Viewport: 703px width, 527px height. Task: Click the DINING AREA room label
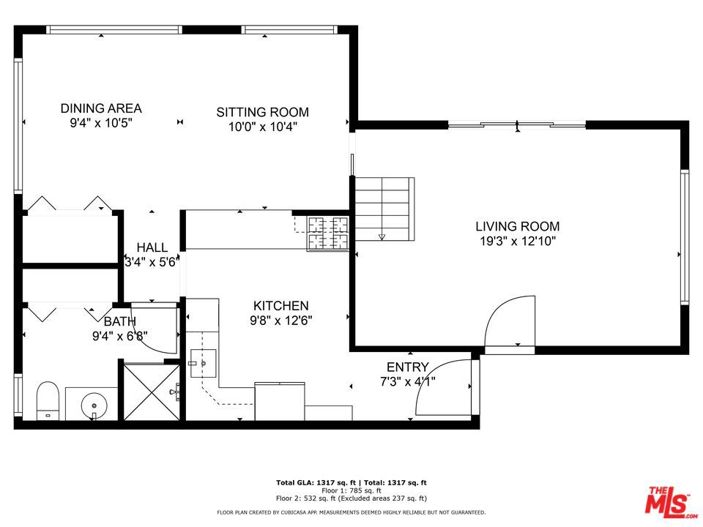pos(101,108)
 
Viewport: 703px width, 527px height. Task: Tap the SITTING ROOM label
pos(262,112)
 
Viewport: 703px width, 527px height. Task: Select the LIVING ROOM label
pos(517,227)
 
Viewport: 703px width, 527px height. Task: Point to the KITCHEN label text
pos(280,306)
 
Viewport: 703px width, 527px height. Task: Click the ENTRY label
pos(407,367)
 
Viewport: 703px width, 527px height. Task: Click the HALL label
pos(152,248)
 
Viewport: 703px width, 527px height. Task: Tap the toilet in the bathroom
pos(48,400)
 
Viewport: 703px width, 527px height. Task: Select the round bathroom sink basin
pos(93,403)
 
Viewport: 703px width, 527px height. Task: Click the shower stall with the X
pos(149,391)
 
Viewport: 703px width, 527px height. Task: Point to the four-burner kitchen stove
pos(328,233)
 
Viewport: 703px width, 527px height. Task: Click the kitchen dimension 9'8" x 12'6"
pos(280,319)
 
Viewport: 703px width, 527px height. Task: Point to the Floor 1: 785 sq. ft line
pos(351,490)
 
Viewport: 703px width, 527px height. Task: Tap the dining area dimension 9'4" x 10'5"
pos(101,122)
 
